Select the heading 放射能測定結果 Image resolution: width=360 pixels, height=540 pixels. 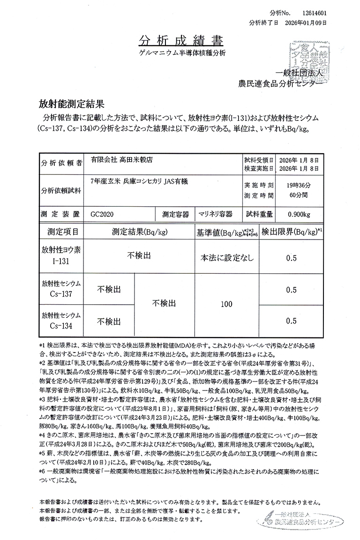[x=71, y=102]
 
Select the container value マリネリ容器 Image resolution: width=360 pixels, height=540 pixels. [x=215, y=214]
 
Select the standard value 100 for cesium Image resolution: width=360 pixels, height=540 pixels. [x=226, y=304]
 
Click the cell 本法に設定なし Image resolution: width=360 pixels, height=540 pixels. [x=226, y=257]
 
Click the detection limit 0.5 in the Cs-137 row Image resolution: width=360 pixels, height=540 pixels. [x=291, y=290]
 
